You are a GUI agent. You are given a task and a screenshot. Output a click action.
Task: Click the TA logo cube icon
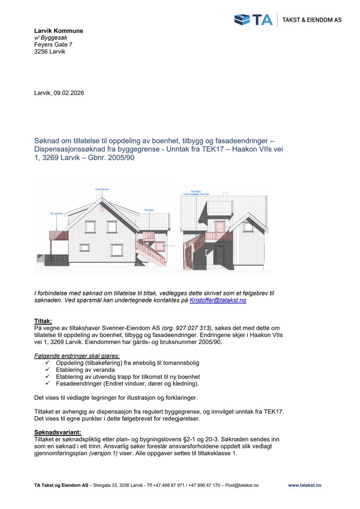point(243,20)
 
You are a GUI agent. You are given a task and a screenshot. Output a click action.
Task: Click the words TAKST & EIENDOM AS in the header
point(311,20)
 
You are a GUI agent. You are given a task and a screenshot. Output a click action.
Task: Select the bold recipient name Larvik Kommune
point(58,31)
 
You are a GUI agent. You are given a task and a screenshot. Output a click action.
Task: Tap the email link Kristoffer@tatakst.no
point(218,300)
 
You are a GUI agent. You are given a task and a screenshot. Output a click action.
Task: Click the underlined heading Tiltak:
point(43,320)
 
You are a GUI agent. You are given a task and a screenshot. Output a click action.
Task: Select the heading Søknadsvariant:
point(57,432)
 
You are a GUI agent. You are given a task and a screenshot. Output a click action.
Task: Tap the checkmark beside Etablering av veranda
point(48,370)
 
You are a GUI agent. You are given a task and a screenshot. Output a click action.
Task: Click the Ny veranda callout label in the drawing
point(57,213)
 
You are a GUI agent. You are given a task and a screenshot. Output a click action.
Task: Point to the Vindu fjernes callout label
point(102,189)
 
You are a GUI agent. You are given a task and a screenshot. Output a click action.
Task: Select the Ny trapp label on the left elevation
point(149,210)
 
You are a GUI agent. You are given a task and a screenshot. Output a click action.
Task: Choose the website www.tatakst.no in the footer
point(304,485)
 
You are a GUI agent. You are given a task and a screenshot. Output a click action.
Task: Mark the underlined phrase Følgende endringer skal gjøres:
point(77,355)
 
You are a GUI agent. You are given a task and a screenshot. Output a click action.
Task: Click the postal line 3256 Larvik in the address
point(50,51)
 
